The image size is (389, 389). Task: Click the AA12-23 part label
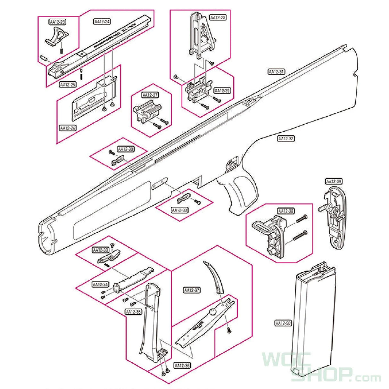point(57,22)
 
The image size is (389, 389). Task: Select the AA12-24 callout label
point(102,22)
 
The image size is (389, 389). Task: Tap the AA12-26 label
point(68,128)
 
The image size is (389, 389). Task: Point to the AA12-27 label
point(150,95)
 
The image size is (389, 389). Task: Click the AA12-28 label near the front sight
point(218,17)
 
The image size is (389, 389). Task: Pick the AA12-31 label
point(276,72)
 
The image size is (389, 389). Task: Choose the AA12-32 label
point(286,139)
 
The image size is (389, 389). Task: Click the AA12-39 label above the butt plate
point(334,181)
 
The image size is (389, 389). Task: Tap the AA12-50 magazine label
point(283,323)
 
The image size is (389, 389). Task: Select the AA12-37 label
point(192,290)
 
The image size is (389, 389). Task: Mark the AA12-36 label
point(182,366)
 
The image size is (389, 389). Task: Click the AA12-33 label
point(101,250)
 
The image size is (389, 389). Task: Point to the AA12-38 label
point(286,211)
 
